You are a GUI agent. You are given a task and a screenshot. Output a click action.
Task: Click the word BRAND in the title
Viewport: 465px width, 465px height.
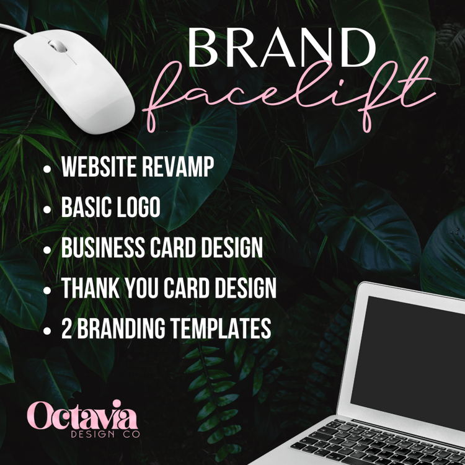281,48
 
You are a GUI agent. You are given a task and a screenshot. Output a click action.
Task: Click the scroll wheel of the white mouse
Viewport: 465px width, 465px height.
58,46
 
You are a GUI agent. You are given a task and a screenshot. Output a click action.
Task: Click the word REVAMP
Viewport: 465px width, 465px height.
178,166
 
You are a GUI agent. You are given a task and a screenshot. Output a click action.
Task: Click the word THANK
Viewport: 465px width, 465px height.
91,288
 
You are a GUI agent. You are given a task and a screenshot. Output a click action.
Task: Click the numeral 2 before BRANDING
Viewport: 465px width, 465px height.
67,328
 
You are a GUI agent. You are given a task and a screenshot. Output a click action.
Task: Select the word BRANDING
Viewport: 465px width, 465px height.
122,328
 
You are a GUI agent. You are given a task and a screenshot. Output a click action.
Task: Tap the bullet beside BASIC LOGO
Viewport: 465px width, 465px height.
47,209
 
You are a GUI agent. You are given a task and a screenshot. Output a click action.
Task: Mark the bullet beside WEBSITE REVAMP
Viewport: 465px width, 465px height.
47,169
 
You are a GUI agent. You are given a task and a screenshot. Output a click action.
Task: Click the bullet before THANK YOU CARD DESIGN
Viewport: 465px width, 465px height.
47,290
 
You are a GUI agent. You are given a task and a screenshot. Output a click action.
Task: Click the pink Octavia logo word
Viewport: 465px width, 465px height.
82,415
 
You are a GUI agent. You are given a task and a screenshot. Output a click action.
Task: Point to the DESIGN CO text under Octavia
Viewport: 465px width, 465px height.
105,434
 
